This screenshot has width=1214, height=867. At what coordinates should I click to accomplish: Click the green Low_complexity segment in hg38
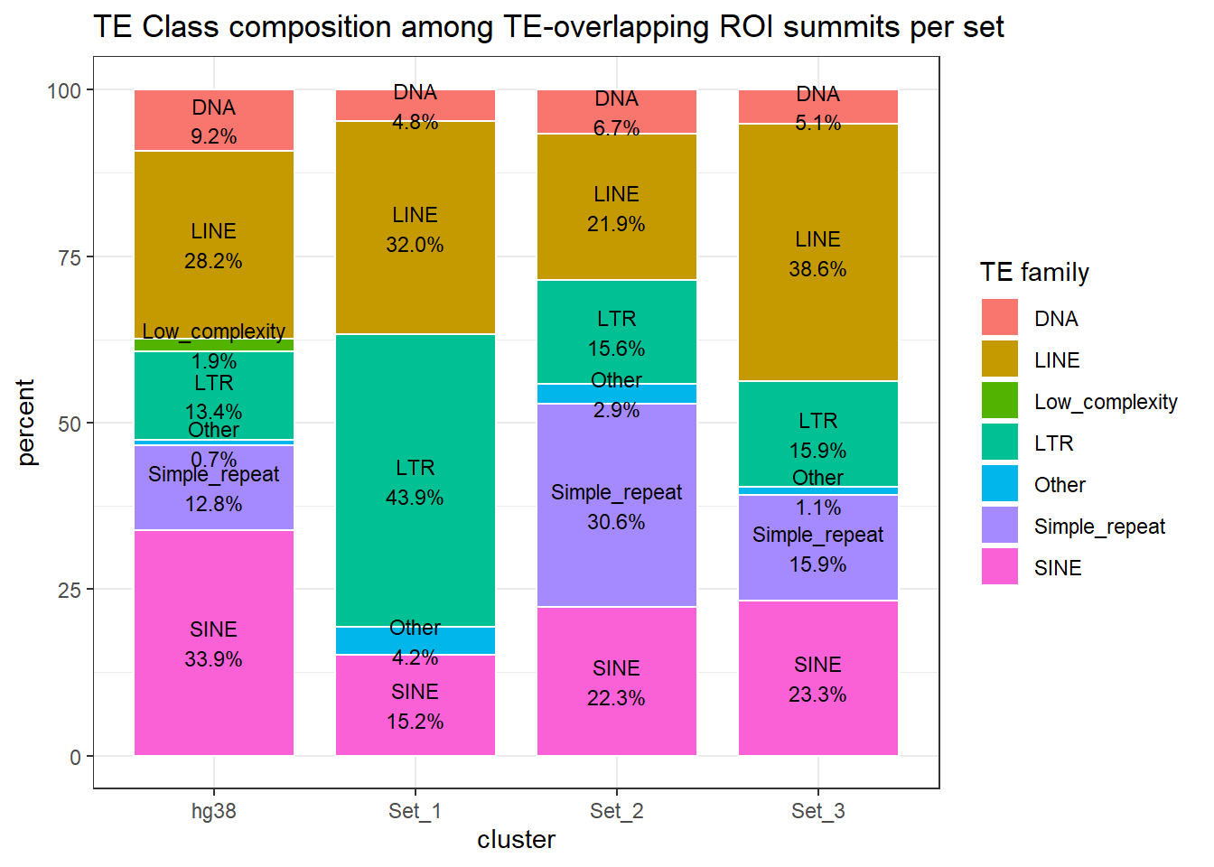coord(214,345)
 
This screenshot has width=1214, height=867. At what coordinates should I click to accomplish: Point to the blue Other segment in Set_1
coord(416,641)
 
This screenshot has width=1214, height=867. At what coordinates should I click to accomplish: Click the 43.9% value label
coord(415,498)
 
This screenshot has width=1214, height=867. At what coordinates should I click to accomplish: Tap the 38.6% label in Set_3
coord(817,269)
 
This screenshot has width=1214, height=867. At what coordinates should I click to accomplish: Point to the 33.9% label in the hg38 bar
coord(213,659)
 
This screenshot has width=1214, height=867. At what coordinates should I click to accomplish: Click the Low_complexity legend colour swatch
coord(1000,401)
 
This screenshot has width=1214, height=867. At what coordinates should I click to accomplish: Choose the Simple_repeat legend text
coord(1099,527)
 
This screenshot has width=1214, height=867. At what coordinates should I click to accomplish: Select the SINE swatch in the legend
coord(1000,567)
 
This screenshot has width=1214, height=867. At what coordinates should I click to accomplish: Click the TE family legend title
coord(1034,272)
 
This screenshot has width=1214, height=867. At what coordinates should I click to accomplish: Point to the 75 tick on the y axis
coord(70,257)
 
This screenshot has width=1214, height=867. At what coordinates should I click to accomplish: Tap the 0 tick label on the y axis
coord(76,757)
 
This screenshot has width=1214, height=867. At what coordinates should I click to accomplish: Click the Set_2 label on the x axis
coord(617,811)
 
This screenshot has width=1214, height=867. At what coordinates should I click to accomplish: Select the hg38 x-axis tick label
coord(214,811)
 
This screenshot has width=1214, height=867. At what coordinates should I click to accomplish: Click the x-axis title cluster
coord(516,840)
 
